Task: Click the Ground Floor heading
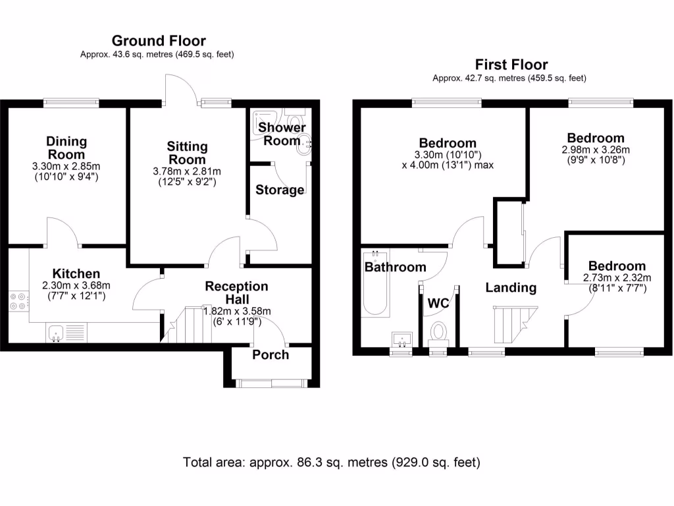click(x=158, y=41)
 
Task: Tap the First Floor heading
click(x=511, y=65)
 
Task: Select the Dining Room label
click(x=66, y=148)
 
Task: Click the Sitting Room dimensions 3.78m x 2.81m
click(x=187, y=171)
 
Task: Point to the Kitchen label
click(x=76, y=273)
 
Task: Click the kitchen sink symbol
click(x=55, y=333)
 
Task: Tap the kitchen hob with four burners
click(x=18, y=301)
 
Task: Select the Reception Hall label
click(x=236, y=293)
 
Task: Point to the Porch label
click(x=271, y=354)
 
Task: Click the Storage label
click(x=280, y=190)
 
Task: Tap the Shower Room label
click(x=282, y=134)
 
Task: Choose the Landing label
click(x=511, y=287)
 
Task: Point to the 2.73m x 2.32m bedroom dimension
click(x=617, y=277)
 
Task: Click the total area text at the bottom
click(x=332, y=463)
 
